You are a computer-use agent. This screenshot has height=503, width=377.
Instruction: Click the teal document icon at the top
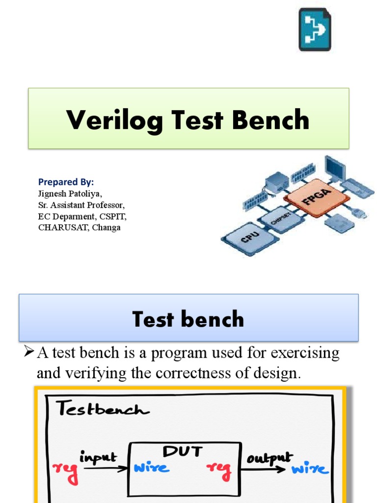(x=315, y=30)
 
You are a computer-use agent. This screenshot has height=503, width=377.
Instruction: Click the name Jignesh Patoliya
(x=70, y=193)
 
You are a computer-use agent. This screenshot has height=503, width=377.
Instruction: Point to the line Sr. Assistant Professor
(x=81, y=204)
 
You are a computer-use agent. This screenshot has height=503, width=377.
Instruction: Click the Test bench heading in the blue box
(x=188, y=319)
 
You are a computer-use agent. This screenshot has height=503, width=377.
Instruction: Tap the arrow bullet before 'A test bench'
(x=28, y=352)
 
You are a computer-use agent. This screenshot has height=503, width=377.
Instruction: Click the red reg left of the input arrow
(x=65, y=471)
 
